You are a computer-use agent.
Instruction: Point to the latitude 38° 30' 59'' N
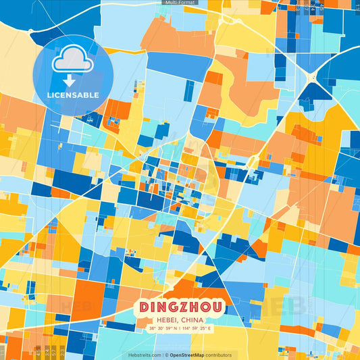[x=163, y=329]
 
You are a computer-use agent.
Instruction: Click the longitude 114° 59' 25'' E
[x=197, y=329]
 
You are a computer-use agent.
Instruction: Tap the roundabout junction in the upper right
[x=312, y=78]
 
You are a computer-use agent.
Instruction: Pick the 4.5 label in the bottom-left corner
[x=38, y=351]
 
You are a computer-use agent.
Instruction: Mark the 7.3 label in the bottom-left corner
[x=63, y=351]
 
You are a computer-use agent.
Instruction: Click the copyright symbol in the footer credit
[x=166, y=355]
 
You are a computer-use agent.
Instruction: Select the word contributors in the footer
[x=219, y=355]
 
